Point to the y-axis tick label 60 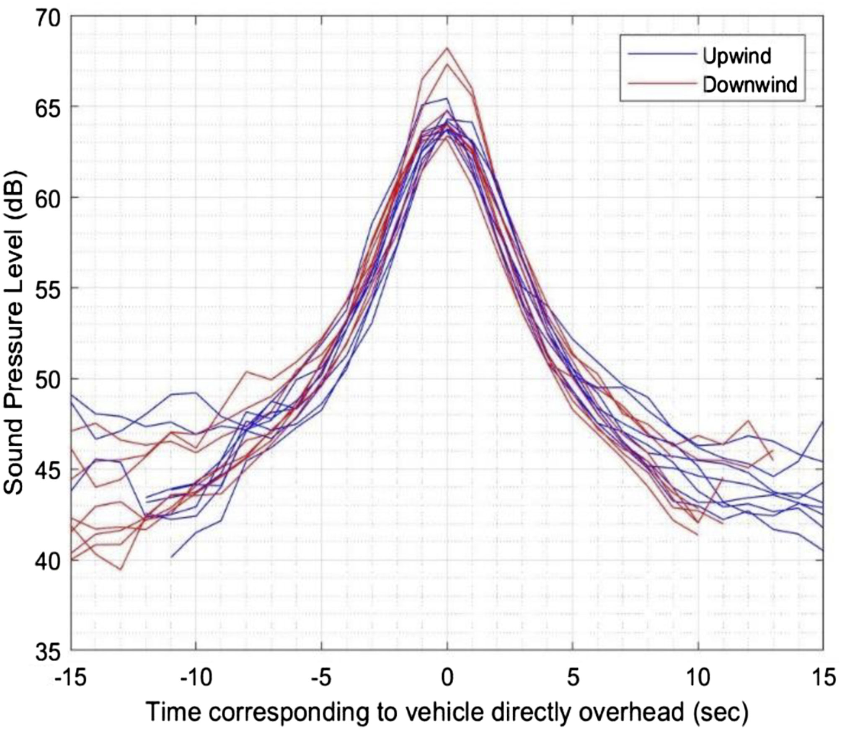49,197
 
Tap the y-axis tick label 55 49,287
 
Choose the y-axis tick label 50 49,378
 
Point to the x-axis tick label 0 447,677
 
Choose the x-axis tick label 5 573,677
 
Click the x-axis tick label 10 698,677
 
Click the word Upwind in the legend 737,56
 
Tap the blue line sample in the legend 662,54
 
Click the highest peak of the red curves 447,47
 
